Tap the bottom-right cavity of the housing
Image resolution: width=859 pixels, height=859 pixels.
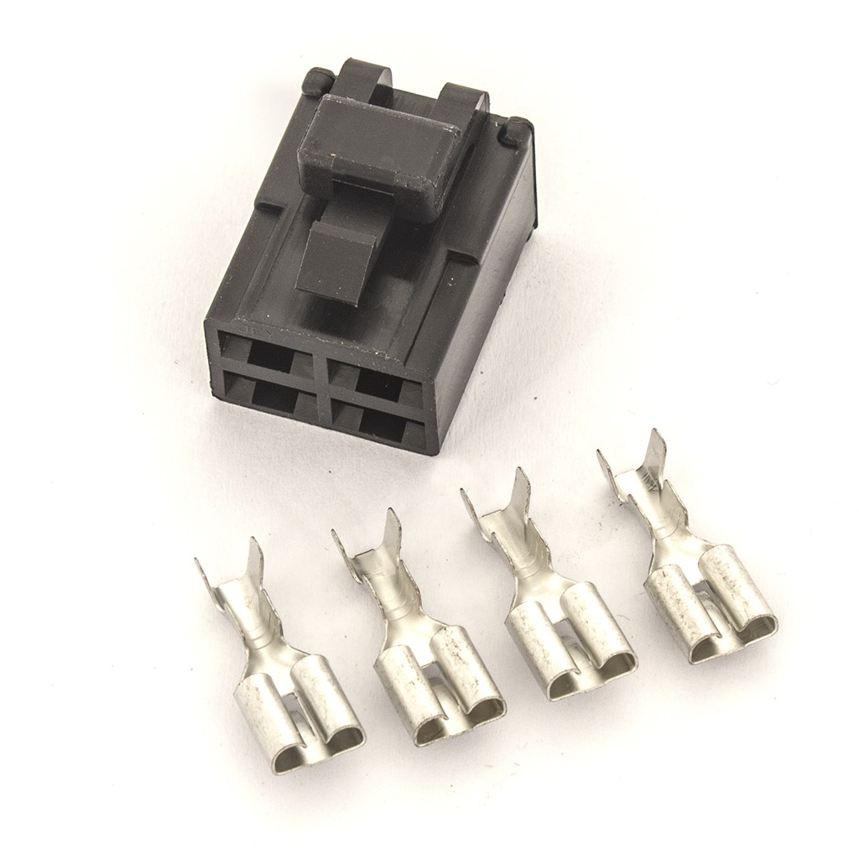coord(381,424)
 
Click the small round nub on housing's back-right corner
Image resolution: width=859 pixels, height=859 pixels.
coord(518,130)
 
